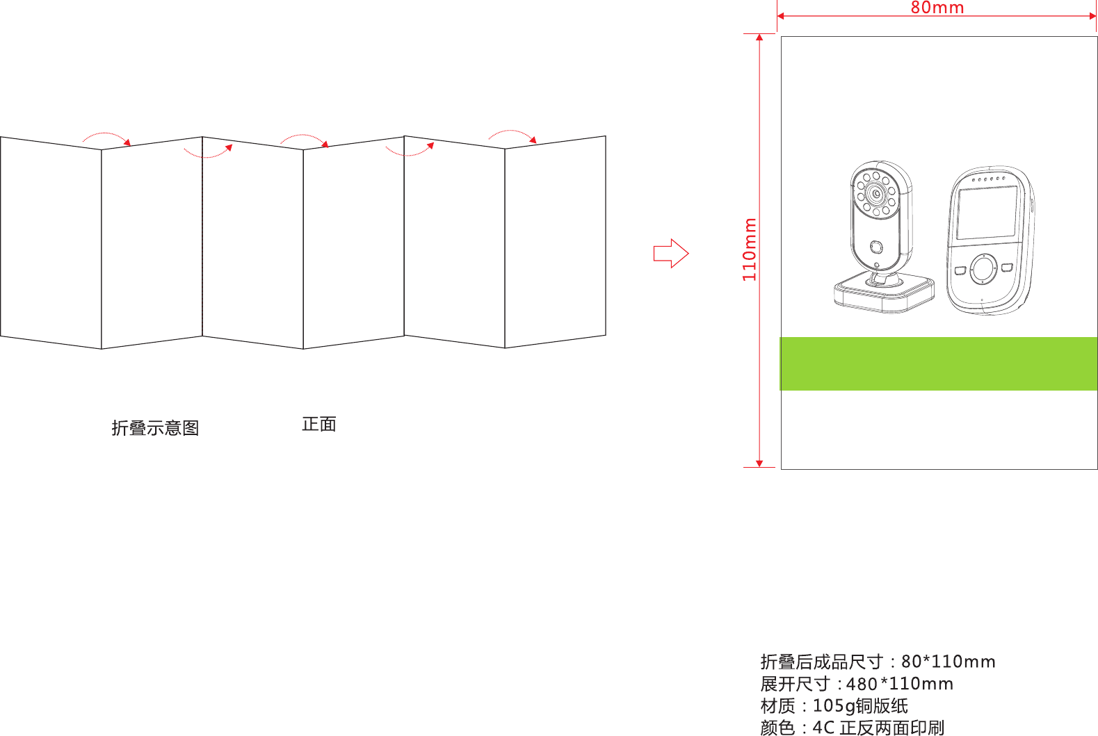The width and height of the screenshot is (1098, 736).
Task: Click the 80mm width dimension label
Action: click(x=937, y=8)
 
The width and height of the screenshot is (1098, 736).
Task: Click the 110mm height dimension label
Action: click(x=750, y=250)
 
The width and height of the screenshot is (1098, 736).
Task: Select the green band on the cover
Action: click(x=938, y=363)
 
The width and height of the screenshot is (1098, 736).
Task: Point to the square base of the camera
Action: click(x=884, y=293)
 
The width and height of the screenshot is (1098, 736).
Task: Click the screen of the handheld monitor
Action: click(x=987, y=212)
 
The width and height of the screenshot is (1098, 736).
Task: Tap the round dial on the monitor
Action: click(x=983, y=269)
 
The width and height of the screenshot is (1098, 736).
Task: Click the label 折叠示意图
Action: click(x=155, y=428)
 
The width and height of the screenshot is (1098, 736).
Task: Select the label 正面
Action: click(x=319, y=424)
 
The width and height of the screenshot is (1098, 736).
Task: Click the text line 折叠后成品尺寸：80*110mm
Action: click(x=878, y=662)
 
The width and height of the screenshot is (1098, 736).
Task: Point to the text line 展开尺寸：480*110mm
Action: click(x=857, y=684)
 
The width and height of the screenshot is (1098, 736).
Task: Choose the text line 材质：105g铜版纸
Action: click(x=834, y=706)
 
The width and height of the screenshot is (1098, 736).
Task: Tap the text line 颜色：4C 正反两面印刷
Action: click(x=853, y=728)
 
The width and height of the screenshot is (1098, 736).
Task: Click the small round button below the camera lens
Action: click(x=876, y=247)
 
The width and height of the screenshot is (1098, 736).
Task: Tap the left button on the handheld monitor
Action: click(x=960, y=270)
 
